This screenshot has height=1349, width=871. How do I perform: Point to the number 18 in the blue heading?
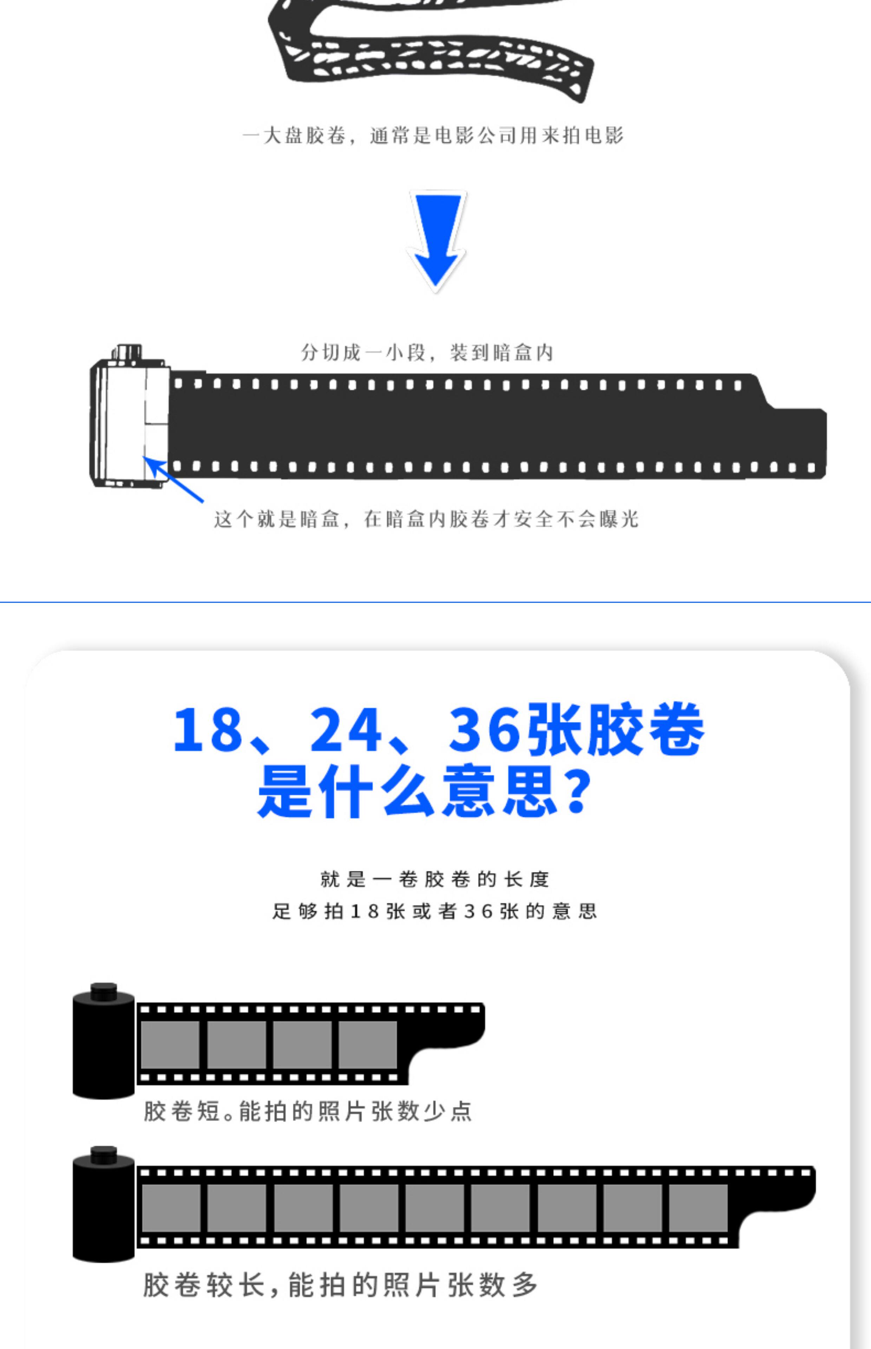click(x=208, y=730)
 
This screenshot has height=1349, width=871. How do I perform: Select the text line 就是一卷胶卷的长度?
click(x=434, y=879)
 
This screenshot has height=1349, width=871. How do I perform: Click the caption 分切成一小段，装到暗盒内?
click(x=427, y=353)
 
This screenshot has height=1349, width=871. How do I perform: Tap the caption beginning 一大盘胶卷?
click(x=433, y=136)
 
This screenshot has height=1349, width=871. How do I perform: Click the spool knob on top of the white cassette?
click(x=127, y=351)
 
